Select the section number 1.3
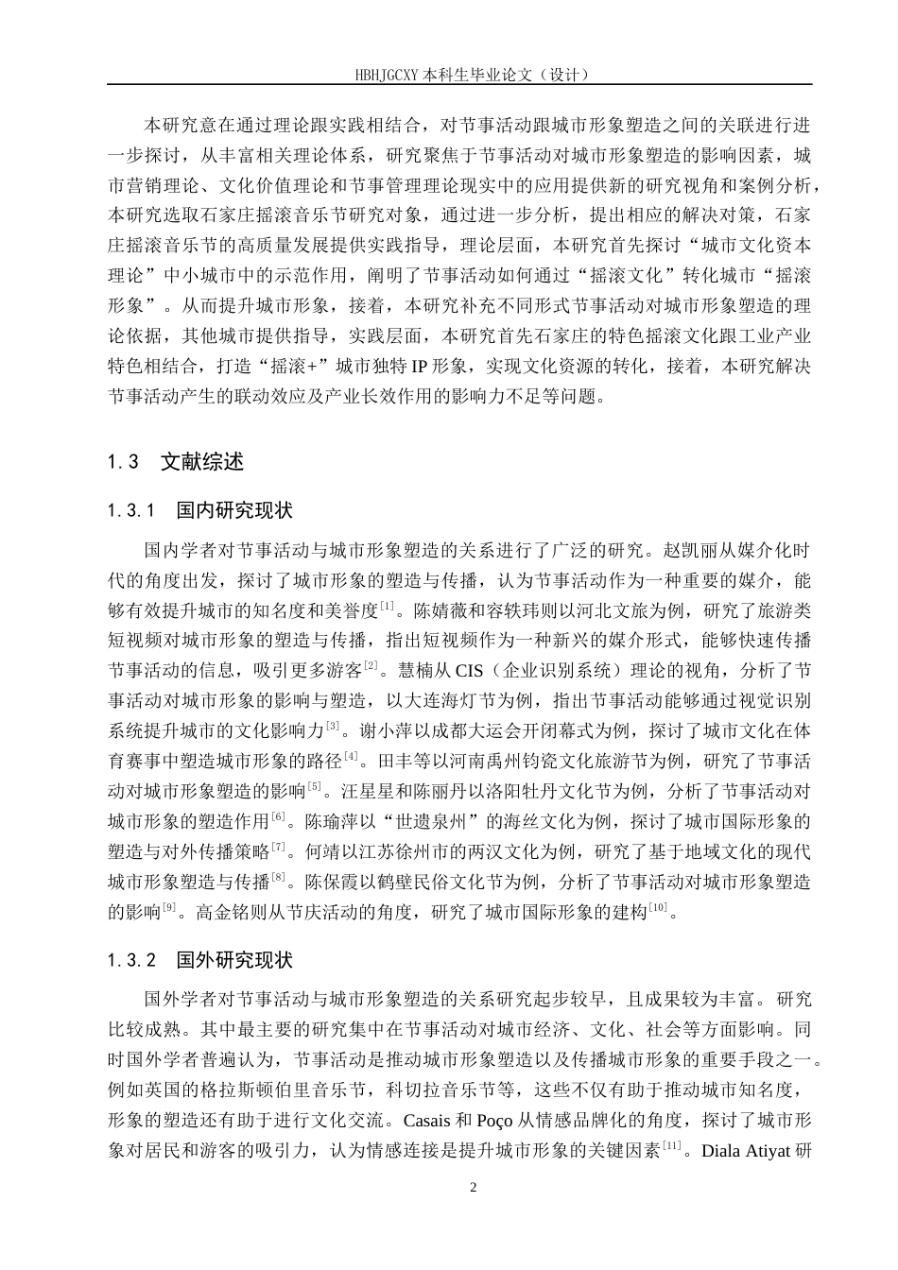124,462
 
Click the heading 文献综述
202,462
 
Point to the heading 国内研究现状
234,511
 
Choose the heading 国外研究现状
234,961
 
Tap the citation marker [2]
371,666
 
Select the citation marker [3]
333,727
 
